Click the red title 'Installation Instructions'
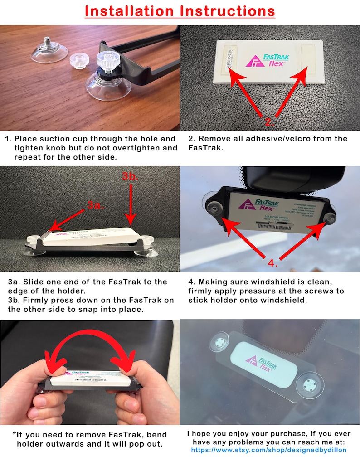tap(180, 11)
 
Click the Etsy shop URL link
tap(269, 450)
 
